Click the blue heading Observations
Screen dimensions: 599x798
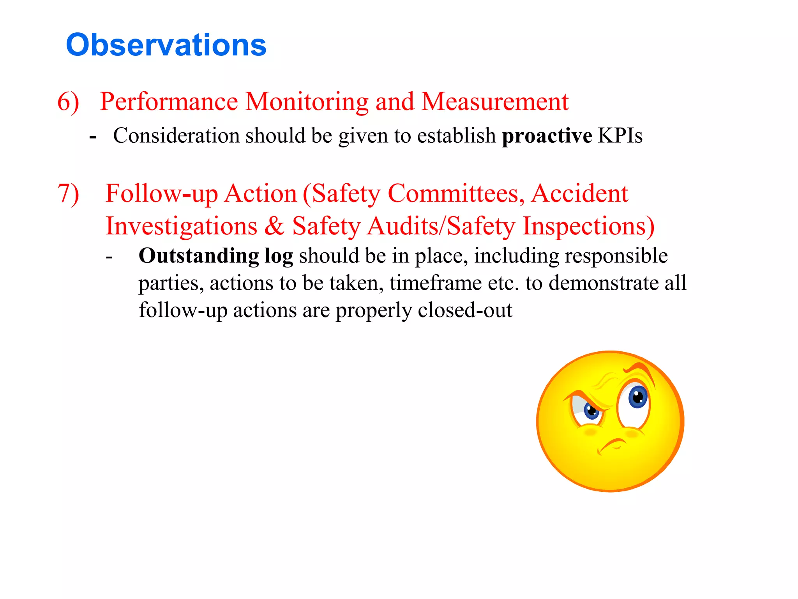pyautogui.click(x=166, y=45)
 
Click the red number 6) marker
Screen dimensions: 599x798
pyautogui.click(x=68, y=102)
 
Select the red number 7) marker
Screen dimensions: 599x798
pyautogui.click(x=68, y=193)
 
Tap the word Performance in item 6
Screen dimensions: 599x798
pyautogui.click(x=169, y=102)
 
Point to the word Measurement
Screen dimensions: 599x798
pyautogui.click(x=495, y=102)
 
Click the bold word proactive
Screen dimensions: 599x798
pyautogui.click(x=547, y=136)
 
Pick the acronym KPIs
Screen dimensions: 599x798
pyautogui.click(x=620, y=136)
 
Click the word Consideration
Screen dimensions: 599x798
pyautogui.click(x=176, y=136)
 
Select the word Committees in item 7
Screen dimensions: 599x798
pyautogui.click(x=456, y=193)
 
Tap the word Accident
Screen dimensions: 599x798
pyautogui.click(x=580, y=193)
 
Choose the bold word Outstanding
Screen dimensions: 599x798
pyautogui.click(x=199, y=256)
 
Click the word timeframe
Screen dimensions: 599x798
pyautogui.click(x=435, y=283)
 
